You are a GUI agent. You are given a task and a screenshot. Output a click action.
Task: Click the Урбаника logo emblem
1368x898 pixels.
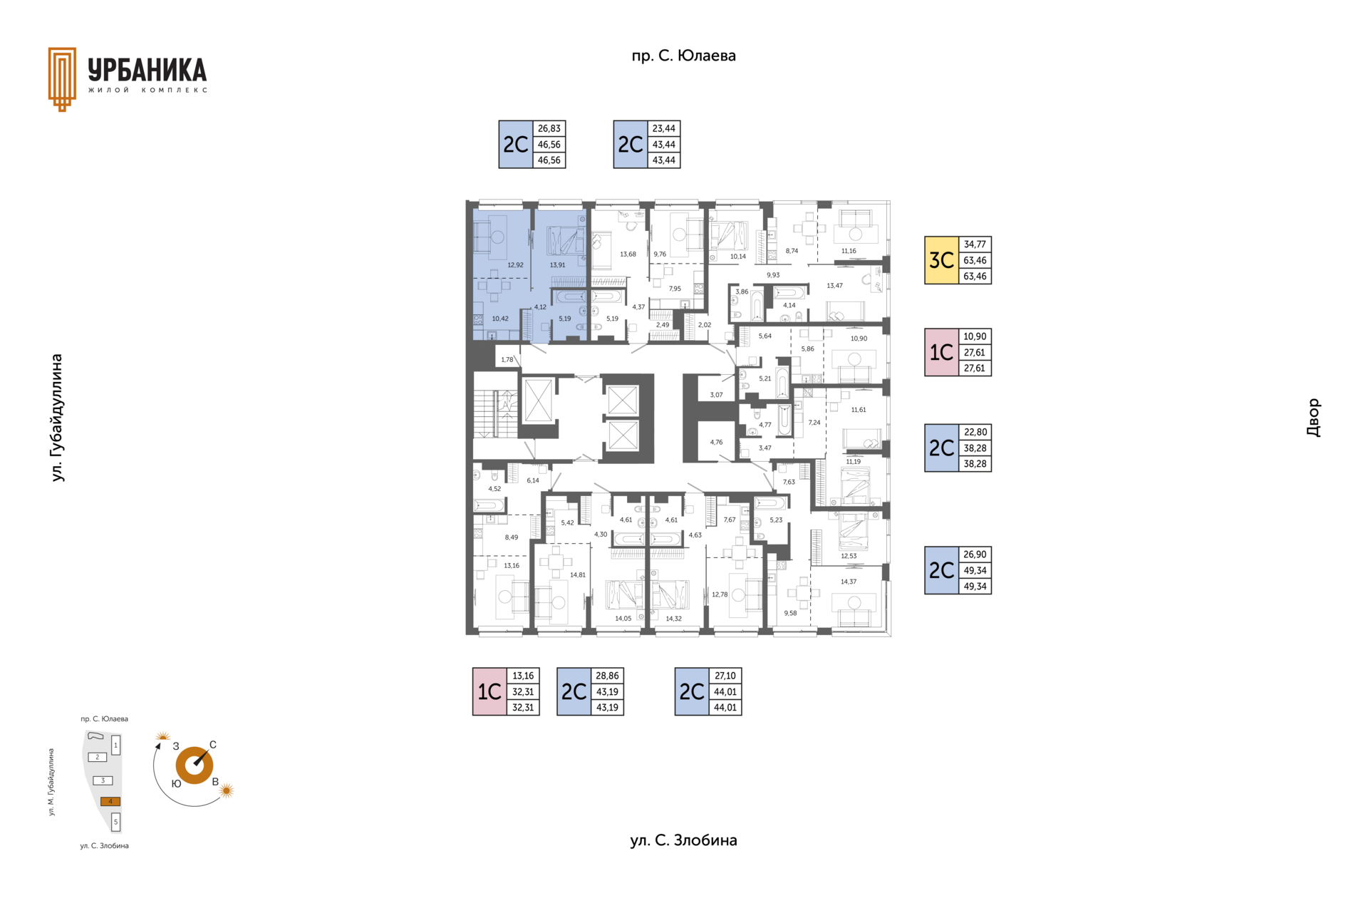point(62,79)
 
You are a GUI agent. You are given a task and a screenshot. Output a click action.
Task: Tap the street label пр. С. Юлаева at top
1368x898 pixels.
point(683,56)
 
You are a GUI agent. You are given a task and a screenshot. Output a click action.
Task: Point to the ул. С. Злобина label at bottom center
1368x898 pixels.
point(683,840)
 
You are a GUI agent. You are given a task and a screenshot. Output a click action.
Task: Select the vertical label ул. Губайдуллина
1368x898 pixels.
point(58,418)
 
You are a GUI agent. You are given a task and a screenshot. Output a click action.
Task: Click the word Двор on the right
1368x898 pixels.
point(1313,418)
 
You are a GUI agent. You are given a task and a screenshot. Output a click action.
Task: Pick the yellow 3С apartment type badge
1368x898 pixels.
point(941,260)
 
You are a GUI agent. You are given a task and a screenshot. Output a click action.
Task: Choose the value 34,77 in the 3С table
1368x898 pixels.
point(975,244)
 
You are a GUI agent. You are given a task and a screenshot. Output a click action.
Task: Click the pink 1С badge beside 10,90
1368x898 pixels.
point(941,352)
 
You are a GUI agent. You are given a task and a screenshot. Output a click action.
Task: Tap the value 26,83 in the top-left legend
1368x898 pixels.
point(549,129)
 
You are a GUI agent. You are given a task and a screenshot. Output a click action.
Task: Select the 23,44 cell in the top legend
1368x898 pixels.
point(663,129)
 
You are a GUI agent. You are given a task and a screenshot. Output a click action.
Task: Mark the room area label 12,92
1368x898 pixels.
point(515,265)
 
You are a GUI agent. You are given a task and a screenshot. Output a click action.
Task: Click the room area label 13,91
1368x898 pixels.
point(557,265)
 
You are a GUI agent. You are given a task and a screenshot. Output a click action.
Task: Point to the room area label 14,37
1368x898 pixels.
point(848,582)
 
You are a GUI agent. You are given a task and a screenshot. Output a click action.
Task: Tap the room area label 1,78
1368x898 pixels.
point(507,360)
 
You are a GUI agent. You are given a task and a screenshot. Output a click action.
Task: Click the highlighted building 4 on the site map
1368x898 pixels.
point(110,801)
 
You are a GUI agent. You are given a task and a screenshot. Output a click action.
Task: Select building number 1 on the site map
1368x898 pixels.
point(115,745)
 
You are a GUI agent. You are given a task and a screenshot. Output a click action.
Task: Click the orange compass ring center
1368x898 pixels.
point(194,765)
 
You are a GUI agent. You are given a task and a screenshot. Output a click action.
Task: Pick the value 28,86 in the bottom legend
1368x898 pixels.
point(607,676)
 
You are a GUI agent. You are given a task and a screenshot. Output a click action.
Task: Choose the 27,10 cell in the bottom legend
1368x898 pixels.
point(725,676)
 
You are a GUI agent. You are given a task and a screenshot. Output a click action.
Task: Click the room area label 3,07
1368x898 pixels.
point(716,395)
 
